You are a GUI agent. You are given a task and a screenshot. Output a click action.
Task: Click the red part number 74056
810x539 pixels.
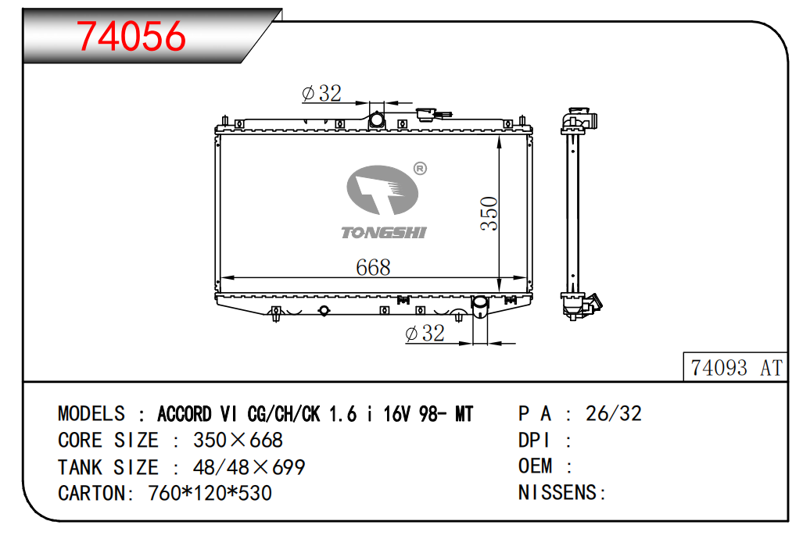pos(131,36)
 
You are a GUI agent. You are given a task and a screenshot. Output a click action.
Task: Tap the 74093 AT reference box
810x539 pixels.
pos(735,367)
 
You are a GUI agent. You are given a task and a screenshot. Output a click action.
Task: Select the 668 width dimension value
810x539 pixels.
pos(373,267)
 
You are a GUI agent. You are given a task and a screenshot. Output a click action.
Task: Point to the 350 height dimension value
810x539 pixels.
pos(489,212)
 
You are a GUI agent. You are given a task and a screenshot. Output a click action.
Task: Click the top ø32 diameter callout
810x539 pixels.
pos(321,94)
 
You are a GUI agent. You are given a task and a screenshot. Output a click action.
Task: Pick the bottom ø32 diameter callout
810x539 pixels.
pos(425,333)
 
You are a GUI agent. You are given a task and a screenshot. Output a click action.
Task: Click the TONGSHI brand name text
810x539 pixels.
pos(384,232)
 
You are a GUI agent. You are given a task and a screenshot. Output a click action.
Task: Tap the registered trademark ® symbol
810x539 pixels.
pos(420,168)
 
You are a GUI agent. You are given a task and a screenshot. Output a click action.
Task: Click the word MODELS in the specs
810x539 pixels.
pos(91,413)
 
